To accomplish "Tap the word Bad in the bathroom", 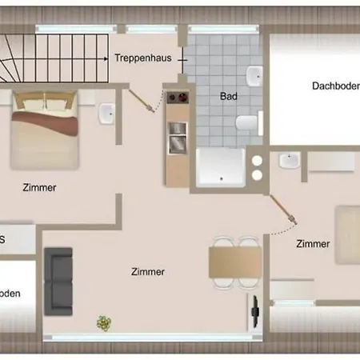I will pyautogui.click(x=229, y=96).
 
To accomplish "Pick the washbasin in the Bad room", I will pyautogui.click(x=254, y=78).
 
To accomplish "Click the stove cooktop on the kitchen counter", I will pyautogui.click(x=177, y=101).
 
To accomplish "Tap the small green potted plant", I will pyautogui.click(x=103, y=322).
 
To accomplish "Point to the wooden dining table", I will pyautogui.click(x=234, y=261).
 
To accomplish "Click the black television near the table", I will pyautogui.click(x=255, y=307).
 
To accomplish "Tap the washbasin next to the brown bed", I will pyautogui.click(x=107, y=115).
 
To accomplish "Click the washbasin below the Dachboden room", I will pyautogui.click(x=288, y=162).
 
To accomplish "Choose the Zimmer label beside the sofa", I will pyautogui.click(x=148, y=272).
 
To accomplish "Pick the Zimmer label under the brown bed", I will pyautogui.click(x=40, y=189).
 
